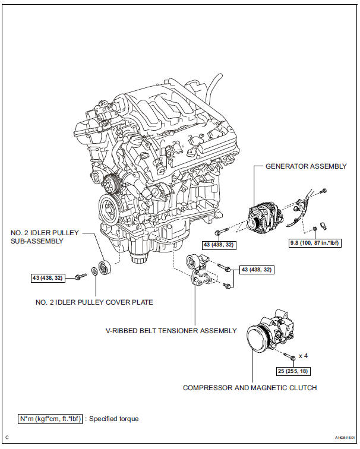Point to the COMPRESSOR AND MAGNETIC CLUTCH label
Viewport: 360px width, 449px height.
click(250, 388)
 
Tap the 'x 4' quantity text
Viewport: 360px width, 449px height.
click(303, 356)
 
